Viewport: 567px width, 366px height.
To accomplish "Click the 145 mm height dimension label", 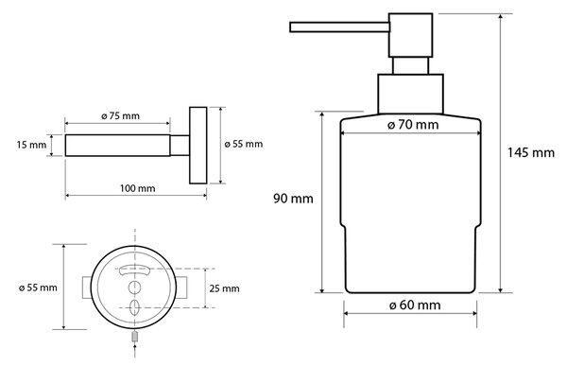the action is pos(530,152).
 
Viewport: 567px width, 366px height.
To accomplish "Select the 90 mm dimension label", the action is pos(293,199).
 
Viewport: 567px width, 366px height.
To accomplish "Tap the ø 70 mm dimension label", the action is pos(413,125).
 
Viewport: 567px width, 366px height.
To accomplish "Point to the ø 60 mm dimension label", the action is pos(415,305).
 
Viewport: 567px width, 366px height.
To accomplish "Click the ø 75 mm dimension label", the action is pos(120,115).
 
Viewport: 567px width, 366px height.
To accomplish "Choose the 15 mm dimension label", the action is pos(31,145).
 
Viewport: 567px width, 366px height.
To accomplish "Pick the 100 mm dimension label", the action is pos(137,188).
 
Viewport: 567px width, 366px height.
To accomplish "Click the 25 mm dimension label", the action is pos(224,288).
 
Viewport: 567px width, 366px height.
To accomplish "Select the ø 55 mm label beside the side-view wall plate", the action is pos(244,144).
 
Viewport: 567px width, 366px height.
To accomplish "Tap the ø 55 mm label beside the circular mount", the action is pos(38,288).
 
